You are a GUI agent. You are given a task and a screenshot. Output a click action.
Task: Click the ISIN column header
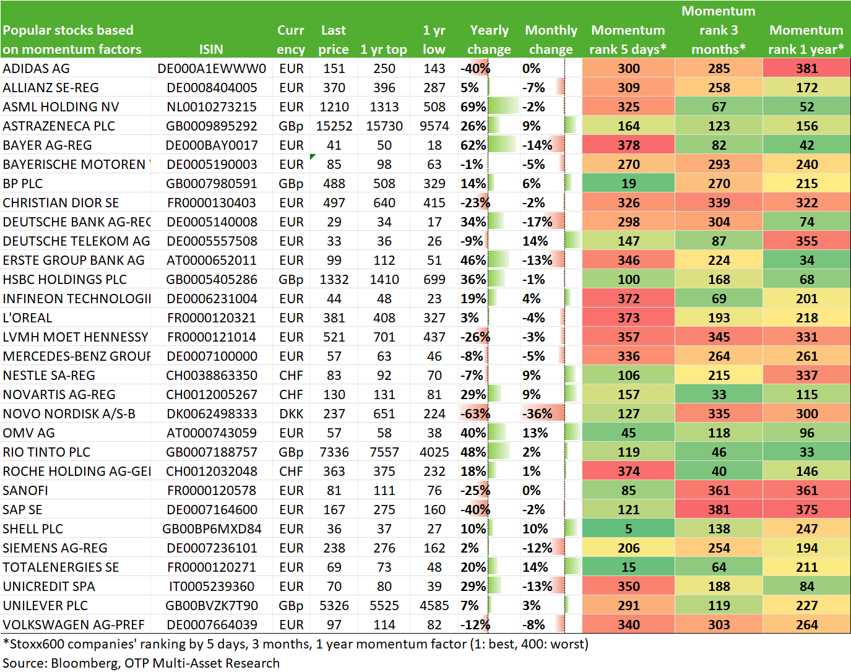coord(211,49)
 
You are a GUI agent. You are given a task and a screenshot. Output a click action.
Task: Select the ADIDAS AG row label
coord(36,69)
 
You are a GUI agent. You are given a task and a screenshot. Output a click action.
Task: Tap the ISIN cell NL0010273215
coord(212,107)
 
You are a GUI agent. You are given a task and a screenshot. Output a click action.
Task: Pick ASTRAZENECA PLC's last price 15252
coord(334,126)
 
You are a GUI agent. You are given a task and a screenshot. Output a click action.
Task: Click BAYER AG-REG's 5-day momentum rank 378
coord(628,145)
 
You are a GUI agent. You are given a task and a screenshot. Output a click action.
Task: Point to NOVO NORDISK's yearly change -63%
coord(475,414)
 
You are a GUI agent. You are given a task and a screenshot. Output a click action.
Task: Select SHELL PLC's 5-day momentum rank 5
coord(628,529)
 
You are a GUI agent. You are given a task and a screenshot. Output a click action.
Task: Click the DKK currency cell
coord(291,414)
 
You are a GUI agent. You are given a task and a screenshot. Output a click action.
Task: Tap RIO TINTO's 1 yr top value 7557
coord(384,452)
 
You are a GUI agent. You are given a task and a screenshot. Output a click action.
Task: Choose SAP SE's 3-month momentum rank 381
coord(719,509)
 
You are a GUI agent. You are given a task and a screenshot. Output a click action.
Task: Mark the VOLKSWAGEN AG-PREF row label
coord(74,624)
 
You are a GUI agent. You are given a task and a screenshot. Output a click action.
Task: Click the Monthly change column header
coord(551,40)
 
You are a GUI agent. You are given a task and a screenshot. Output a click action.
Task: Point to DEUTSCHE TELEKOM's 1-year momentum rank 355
coord(806,241)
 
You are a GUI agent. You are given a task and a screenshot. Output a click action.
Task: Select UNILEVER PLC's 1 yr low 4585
coord(434,606)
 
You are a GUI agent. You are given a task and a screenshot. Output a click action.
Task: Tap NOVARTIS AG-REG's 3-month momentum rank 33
coord(719,394)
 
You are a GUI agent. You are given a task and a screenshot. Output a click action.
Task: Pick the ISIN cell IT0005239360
coord(212,586)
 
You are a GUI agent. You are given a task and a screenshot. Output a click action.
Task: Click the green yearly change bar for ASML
coord(503,107)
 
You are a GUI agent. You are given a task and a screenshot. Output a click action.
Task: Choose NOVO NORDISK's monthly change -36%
coord(537,414)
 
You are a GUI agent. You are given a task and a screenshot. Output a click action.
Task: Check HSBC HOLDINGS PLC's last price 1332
coord(334,279)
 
